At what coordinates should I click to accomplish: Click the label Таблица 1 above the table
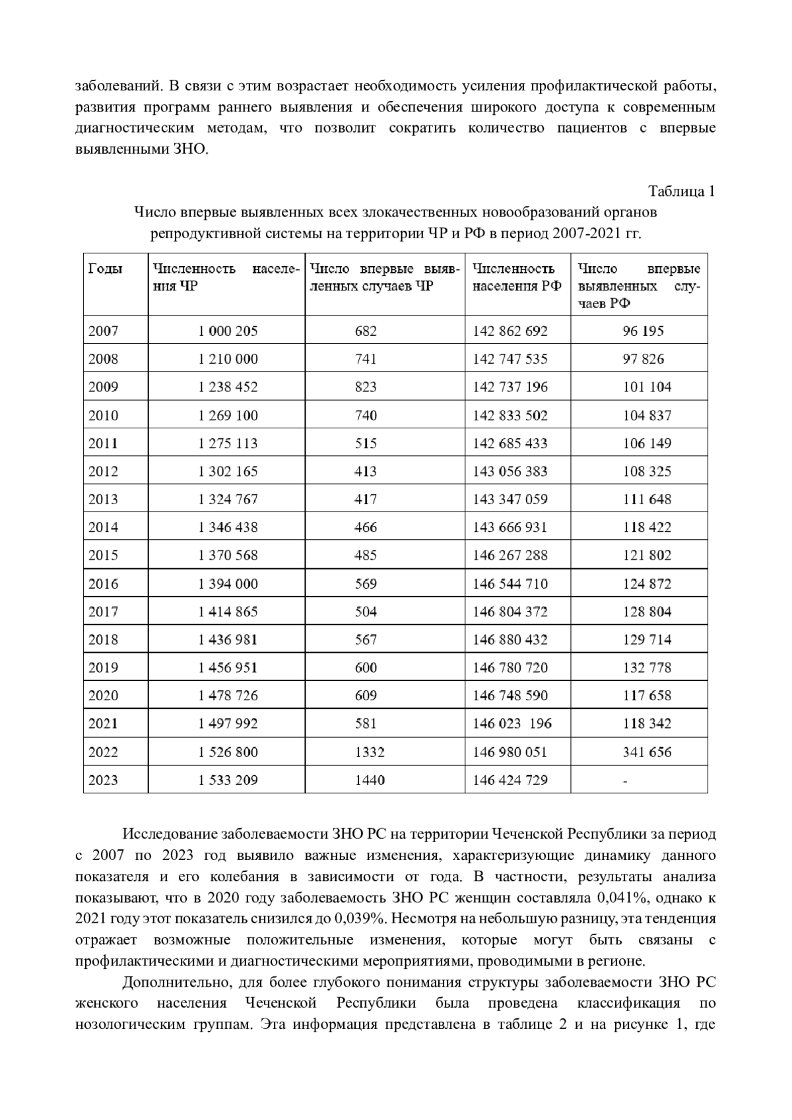click(681, 192)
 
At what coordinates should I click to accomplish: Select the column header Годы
click(106, 269)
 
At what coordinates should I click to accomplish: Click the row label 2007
click(104, 331)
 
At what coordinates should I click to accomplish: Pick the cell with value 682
click(366, 331)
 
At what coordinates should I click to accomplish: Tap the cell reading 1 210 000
click(228, 359)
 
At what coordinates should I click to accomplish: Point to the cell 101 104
click(647, 387)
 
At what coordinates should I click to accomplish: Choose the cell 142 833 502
click(510, 416)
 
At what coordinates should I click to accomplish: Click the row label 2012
click(104, 471)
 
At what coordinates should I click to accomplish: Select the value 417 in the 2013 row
click(366, 500)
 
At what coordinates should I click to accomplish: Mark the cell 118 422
click(647, 527)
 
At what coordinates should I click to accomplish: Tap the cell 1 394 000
click(228, 584)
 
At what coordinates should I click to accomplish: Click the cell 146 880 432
click(510, 640)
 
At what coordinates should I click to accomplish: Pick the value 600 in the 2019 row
click(366, 668)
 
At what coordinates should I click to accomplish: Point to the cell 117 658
click(647, 696)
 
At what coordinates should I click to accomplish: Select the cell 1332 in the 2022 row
click(370, 752)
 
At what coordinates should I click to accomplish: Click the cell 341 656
click(647, 752)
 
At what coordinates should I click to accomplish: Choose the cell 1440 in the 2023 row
click(370, 780)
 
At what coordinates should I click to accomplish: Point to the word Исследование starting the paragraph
click(168, 835)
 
